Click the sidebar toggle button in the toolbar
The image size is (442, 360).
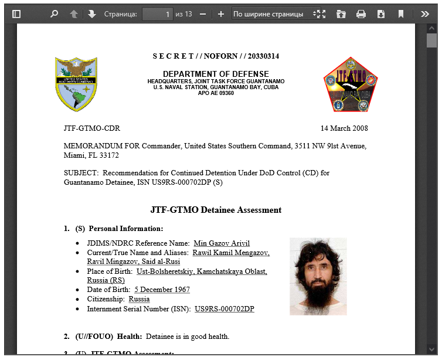(x=16, y=14)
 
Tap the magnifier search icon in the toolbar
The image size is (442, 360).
(x=55, y=14)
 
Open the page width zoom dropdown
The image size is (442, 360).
(x=276, y=14)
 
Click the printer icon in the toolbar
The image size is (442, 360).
(x=361, y=14)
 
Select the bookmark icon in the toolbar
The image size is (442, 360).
(x=401, y=14)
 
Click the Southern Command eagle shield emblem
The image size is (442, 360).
(x=76, y=84)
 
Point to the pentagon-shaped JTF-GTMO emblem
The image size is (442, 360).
(x=350, y=84)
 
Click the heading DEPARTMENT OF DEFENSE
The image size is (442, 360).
(x=216, y=74)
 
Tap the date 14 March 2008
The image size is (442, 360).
(x=344, y=128)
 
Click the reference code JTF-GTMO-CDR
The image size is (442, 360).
(x=91, y=128)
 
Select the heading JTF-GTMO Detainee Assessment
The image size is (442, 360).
(x=216, y=210)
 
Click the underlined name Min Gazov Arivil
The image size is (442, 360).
(x=222, y=243)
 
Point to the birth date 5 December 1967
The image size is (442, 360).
(x=162, y=290)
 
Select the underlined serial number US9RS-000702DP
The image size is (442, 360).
(x=225, y=308)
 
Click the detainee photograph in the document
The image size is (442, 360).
(x=318, y=276)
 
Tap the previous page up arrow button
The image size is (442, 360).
(x=74, y=14)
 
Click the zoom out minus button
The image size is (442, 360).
(x=203, y=14)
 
